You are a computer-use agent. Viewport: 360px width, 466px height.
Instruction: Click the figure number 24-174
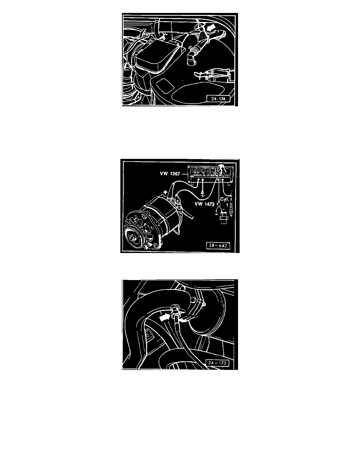(x=221, y=99)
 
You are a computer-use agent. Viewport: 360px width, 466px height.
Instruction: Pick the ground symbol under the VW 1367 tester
(x=202, y=193)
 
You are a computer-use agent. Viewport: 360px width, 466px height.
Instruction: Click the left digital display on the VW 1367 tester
(x=196, y=171)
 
